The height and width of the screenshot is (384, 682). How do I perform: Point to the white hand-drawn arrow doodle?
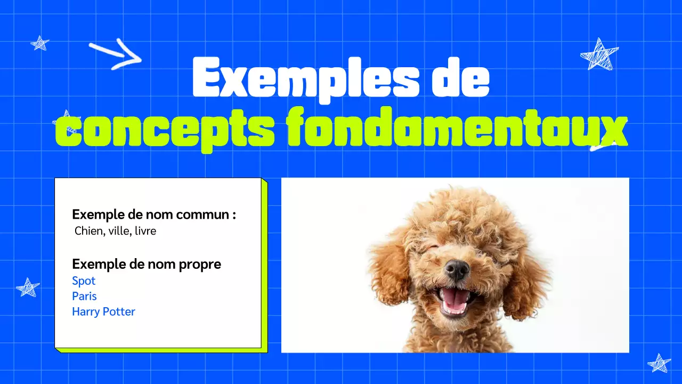pos(116,54)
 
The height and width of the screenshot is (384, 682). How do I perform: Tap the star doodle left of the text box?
pos(28,287)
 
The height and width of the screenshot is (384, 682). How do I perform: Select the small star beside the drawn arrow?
pos(39,43)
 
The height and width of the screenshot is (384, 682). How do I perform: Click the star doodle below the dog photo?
pos(659,363)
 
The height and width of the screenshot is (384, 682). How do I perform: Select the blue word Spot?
pos(84,281)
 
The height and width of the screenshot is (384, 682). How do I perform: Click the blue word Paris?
pos(84,296)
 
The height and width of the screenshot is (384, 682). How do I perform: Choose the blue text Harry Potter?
pos(103,311)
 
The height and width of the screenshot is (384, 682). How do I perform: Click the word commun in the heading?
pos(202,214)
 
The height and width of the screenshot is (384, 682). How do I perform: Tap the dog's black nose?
pos(457,269)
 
